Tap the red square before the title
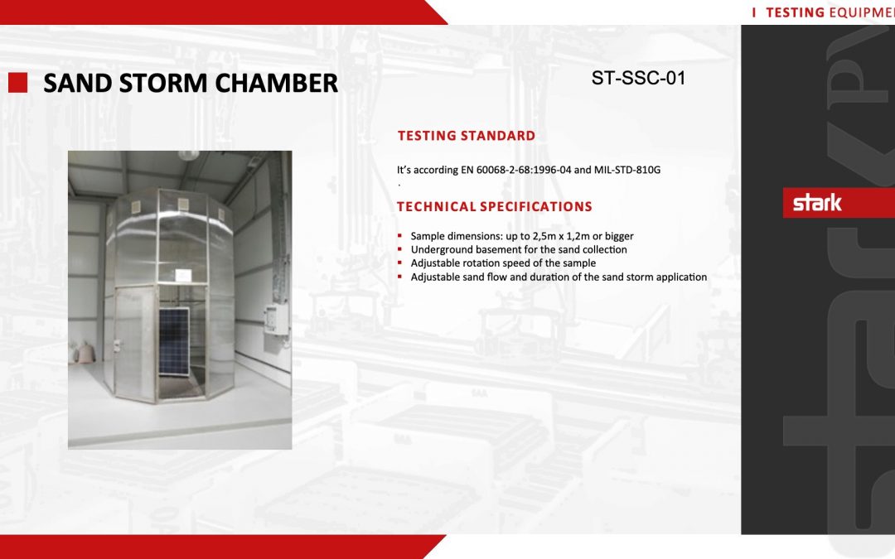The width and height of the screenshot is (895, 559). point(18,82)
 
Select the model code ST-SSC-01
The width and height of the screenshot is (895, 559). point(638,79)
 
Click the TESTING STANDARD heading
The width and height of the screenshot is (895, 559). point(466,136)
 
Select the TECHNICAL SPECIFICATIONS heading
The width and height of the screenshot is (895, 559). point(494,206)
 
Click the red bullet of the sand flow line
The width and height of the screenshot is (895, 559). point(400,277)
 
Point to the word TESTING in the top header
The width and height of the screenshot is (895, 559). point(794,12)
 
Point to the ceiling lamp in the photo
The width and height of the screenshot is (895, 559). point(187,155)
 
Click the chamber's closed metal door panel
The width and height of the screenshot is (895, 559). point(135,340)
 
